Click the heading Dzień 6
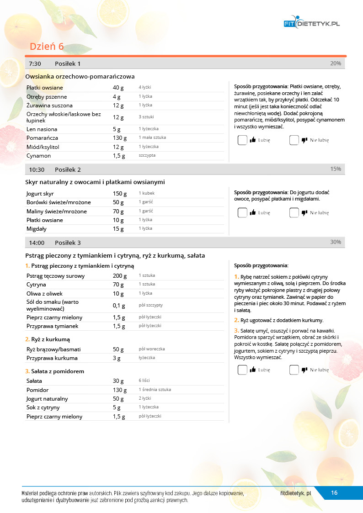point(47,47)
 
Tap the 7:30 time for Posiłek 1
point(35,63)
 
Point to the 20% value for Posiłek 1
point(335,63)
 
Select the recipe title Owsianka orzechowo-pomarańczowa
point(80,76)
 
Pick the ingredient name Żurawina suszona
point(46,106)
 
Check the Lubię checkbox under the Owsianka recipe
point(242,140)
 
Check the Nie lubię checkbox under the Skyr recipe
point(294,212)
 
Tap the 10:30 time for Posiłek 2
point(37,169)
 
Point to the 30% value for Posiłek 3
point(335,242)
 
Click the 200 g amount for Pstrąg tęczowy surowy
point(120,275)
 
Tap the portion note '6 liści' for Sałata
point(144,381)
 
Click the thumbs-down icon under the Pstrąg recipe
point(304,370)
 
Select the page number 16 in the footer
point(334,492)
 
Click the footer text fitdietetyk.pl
point(296,493)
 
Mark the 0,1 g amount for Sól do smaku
point(119,305)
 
